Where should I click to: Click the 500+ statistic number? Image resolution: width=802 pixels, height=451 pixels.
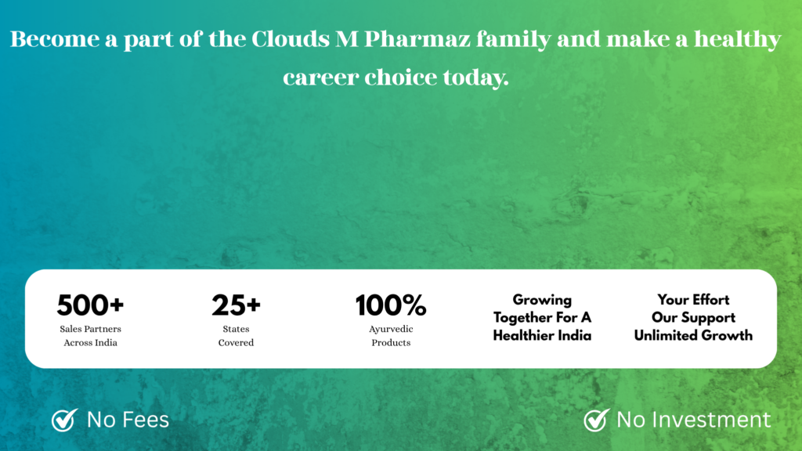(91, 305)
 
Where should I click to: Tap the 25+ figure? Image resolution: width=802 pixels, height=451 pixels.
(237, 305)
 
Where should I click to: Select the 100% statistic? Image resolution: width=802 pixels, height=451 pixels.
(391, 305)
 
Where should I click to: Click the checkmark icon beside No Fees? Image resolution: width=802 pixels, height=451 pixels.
(64, 420)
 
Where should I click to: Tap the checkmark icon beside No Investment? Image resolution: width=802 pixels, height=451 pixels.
(596, 420)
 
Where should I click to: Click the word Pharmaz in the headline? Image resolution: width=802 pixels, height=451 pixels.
(417, 39)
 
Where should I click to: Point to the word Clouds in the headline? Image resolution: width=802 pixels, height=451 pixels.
(290, 39)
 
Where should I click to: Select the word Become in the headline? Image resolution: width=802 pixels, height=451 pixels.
(55, 39)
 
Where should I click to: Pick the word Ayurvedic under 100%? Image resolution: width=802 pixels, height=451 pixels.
(391, 329)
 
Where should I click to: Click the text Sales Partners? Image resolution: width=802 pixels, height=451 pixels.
(91, 329)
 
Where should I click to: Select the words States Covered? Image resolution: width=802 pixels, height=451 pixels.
(236, 335)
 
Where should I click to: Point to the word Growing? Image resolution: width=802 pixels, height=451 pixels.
(542, 300)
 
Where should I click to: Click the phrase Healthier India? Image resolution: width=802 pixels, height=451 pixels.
(542, 335)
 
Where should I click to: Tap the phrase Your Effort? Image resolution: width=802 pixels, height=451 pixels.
(693, 300)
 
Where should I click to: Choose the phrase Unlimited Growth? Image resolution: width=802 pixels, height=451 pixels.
(693, 335)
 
